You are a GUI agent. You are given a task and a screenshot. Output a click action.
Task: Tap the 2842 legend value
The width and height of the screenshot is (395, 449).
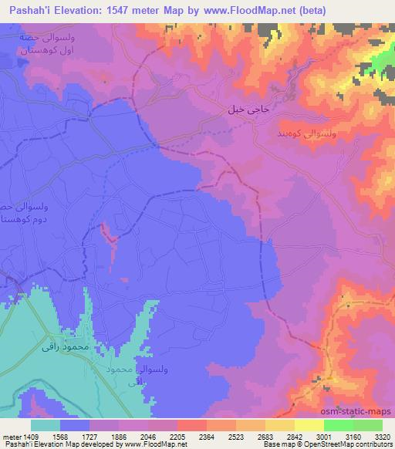(280, 436)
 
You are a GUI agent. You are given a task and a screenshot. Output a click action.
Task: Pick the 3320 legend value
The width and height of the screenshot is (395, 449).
(382, 436)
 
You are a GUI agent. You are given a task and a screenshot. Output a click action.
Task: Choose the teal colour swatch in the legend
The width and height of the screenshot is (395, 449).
(46, 425)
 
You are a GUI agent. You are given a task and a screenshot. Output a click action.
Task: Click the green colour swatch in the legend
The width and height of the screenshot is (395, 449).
(339, 425)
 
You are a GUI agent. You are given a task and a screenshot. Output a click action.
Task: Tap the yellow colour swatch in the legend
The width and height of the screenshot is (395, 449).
(309, 425)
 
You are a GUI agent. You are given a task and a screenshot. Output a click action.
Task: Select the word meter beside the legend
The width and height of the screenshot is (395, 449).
(11, 436)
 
